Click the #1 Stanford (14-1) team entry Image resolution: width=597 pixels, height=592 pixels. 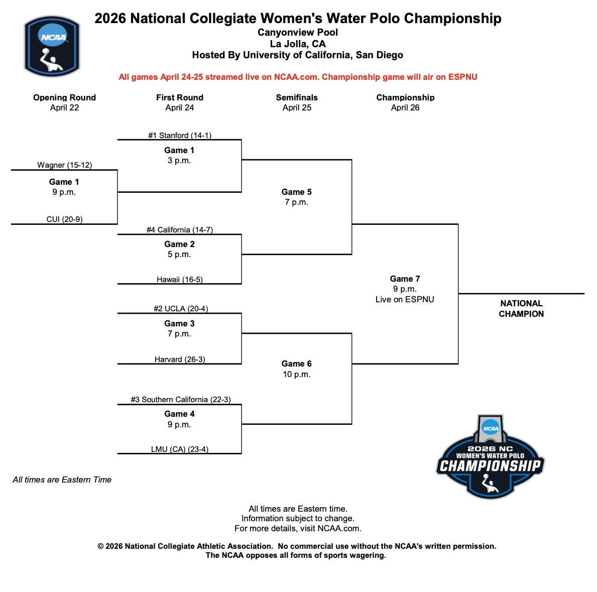pyautogui.click(x=179, y=135)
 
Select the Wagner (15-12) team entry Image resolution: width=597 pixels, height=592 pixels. pyautogui.click(x=64, y=165)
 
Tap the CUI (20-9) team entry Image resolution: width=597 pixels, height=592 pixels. pyautogui.click(x=64, y=219)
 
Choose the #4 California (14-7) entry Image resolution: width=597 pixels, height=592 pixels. pyautogui.click(x=179, y=230)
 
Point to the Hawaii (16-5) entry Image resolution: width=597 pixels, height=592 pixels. pyautogui.click(x=179, y=280)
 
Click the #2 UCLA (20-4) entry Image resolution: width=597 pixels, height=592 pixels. pyautogui.click(x=180, y=309)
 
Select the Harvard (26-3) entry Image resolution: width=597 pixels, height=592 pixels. pyautogui.click(x=179, y=360)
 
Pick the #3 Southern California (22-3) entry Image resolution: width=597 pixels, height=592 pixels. pyautogui.click(x=180, y=400)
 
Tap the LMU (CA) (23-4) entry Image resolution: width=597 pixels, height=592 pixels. pyautogui.click(x=179, y=449)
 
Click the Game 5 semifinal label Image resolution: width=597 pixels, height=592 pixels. pyautogui.click(x=296, y=192)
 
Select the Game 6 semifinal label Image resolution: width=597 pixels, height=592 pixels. pyautogui.click(x=296, y=364)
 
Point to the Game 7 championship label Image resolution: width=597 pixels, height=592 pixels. pyautogui.click(x=405, y=279)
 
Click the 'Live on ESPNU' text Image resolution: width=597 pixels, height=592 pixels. pyautogui.click(x=405, y=299)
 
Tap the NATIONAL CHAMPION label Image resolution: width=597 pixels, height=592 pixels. pyautogui.click(x=521, y=308)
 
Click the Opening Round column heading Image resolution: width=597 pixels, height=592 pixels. pyautogui.click(x=64, y=97)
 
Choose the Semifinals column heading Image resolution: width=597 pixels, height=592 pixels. pyautogui.click(x=297, y=97)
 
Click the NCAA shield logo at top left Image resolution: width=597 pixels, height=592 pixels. pyautogui.click(x=52, y=46)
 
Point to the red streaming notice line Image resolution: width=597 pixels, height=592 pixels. pyautogui.click(x=298, y=77)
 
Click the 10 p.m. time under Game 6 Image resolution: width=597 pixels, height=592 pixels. pyautogui.click(x=296, y=374)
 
